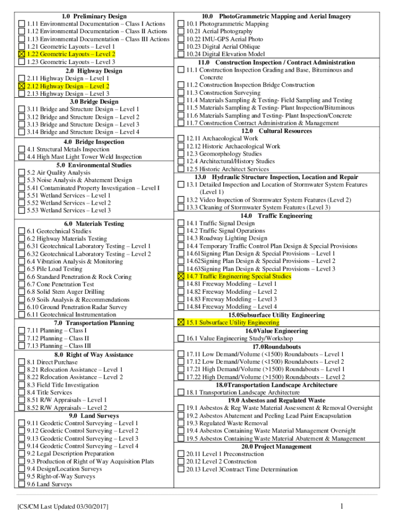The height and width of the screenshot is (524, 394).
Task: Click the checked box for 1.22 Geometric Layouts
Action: point(21,54)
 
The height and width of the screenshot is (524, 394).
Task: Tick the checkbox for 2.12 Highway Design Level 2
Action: point(21,86)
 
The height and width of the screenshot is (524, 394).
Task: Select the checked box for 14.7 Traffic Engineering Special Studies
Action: point(181,276)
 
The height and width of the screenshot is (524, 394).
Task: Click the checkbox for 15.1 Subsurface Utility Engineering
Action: point(181,323)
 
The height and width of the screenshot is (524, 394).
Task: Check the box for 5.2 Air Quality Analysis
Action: point(21,173)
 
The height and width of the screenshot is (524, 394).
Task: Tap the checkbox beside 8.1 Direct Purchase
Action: point(21,362)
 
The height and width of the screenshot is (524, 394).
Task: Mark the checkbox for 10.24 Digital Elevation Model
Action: point(181,54)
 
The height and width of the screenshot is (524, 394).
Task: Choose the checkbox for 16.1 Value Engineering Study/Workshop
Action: point(181,338)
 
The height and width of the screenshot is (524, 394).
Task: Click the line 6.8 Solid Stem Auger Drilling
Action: point(65,292)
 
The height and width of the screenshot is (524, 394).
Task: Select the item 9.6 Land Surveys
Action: point(49,484)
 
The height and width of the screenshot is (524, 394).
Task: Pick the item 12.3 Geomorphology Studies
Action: point(224,154)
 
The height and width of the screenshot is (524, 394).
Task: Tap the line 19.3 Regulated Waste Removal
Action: point(227,423)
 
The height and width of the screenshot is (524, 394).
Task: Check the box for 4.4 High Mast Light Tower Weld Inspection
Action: point(21,157)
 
